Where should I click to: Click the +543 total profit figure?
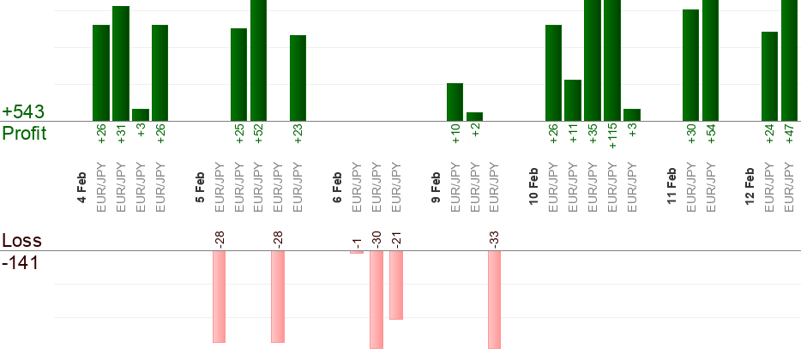pos(23,112)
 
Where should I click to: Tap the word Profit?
pos(24,133)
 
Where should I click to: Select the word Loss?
pos(21,240)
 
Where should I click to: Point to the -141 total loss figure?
pos(21,262)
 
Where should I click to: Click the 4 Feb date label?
pos(81,188)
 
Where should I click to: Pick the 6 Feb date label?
pos(338,188)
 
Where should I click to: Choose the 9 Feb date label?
pos(436,188)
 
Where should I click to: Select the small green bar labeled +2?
pos(474,117)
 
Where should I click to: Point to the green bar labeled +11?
pos(573,100)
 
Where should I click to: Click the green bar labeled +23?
pos(298,78)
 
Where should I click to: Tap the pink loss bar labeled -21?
pos(396,285)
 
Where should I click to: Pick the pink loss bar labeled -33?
pos(494,299)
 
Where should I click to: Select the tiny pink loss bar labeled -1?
pos(357,252)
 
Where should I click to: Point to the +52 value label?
pos(258,132)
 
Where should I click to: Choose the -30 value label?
pos(376,239)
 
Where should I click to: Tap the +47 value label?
pos(790,132)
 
